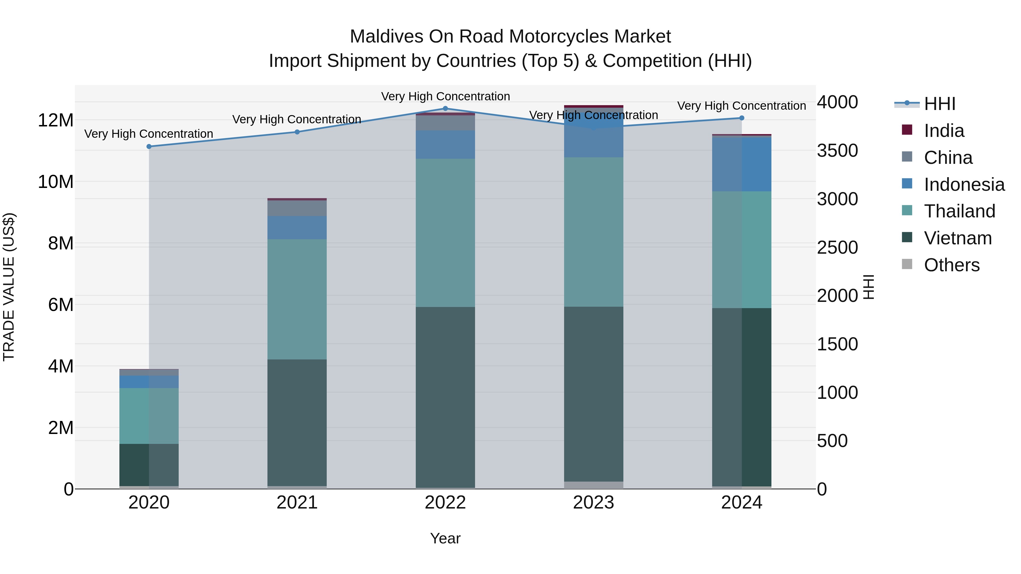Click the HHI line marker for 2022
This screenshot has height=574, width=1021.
[445, 109]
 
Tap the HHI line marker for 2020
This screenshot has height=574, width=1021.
[149, 147]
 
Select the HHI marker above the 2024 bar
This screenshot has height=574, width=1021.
[742, 118]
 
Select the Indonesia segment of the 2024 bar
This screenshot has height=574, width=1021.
[742, 164]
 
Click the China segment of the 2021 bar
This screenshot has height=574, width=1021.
[297, 208]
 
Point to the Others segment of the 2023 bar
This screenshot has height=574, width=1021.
[593, 485]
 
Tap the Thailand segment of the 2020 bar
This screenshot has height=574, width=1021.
[149, 416]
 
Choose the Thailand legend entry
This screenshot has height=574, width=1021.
[959, 211]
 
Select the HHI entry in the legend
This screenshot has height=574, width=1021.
[939, 104]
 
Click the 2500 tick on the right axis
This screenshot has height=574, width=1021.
[837, 247]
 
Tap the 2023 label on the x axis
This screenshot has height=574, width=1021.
[593, 503]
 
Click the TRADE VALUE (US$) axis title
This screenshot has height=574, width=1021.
[9, 287]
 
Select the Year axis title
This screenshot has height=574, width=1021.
[445, 538]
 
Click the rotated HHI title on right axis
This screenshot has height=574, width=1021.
[868, 287]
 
